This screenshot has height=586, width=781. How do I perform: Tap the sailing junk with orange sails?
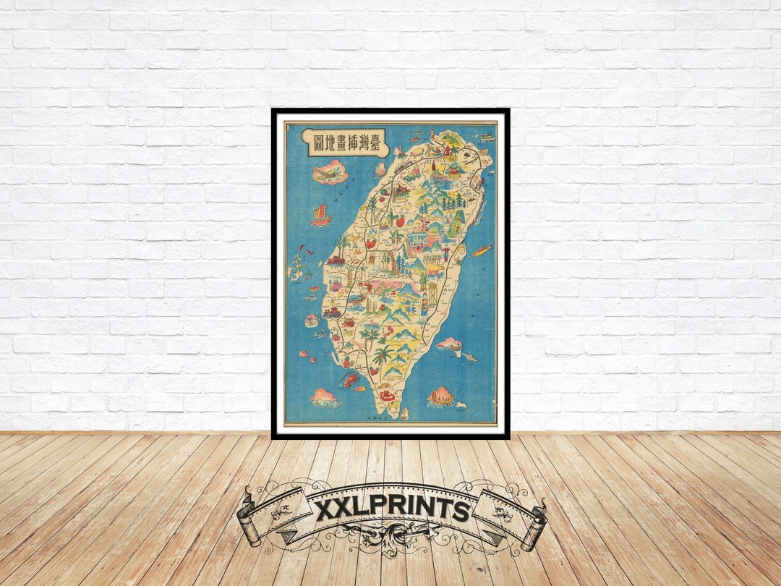tap(321, 215)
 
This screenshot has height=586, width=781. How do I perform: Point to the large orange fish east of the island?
tap(481, 250)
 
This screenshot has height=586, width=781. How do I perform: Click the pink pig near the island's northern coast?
tap(380, 169)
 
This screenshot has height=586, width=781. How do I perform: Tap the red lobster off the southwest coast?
tap(349, 380)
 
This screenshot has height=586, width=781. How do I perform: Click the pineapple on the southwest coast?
tap(345, 359)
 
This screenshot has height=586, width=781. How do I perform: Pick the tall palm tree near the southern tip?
tap(383, 354)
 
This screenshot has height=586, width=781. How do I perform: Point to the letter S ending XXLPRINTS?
tap(461, 511)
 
